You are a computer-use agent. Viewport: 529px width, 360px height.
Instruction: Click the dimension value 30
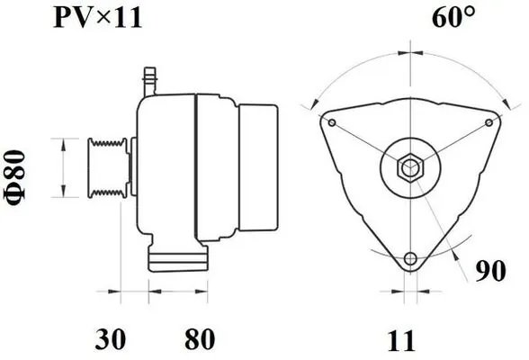tap(110, 339)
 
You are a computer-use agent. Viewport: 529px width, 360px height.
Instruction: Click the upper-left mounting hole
tap(333, 122)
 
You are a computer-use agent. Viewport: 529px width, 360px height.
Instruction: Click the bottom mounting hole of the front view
tap(411, 258)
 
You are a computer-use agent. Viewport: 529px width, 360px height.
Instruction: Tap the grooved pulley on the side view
tap(107, 167)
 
